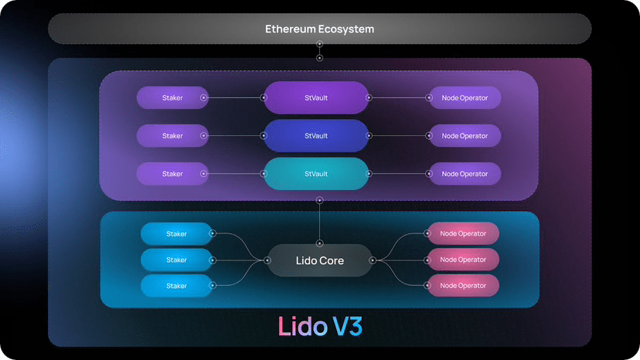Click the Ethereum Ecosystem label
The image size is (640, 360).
[x=319, y=29]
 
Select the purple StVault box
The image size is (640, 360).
[x=316, y=97]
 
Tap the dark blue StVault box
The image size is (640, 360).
[x=316, y=135]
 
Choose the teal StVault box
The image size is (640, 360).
[x=316, y=174]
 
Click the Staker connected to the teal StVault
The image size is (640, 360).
[x=172, y=174]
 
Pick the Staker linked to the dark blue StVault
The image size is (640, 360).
[x=172, y=135]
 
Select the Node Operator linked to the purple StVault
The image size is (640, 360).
[x=465, y=97]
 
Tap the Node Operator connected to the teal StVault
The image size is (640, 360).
[x=465, y=174]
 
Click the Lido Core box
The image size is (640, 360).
[x=319, y=260]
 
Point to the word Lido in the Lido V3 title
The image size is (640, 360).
[x=303, y=327]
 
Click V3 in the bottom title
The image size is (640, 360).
[x=347, y=327]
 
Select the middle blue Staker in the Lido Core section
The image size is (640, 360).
[x=176, y=260]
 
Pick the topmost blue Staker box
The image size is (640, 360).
[x=176, y=234]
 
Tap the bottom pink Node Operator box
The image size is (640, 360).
[x=463, y=286]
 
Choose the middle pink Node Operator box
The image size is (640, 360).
[x=463, y=260]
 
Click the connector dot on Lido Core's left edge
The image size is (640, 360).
[x=267, y=260]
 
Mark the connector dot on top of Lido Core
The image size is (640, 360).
[x=319, y=243]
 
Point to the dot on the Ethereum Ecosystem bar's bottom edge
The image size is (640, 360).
[x=319, y=44]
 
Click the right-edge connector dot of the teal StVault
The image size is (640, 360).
[x=369, y=174]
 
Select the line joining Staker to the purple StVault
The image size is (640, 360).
[x=233, y=97]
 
